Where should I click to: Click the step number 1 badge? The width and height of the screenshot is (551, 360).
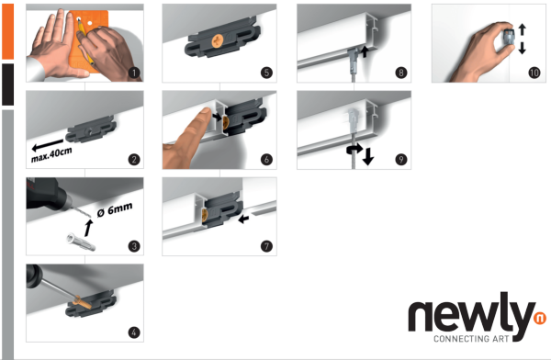tap(134, 73)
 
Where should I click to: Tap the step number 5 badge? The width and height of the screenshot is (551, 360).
tap(266, 73)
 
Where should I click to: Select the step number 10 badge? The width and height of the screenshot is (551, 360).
tap(534, 73)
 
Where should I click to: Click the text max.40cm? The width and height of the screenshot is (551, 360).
tap(51, 154)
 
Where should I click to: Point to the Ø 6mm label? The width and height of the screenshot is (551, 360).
tap(115, 209)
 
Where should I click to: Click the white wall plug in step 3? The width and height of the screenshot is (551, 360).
tap(81, 242)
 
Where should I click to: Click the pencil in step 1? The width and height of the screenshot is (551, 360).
tap(85, 42)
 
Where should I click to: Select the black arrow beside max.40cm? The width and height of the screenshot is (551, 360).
tap(48, 144)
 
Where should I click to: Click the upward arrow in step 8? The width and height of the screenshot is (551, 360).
tap(365, 51)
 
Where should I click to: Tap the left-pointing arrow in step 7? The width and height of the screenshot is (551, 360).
tap(243, 219)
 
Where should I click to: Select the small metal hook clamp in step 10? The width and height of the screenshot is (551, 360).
tap(509, 38)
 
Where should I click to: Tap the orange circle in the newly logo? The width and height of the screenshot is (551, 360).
tap(540, 318)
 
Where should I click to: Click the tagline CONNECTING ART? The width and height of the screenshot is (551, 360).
tap(471, 339)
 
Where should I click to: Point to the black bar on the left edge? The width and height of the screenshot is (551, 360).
tap(7, 84)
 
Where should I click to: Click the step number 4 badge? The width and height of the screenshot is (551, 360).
tap(134, 332)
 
